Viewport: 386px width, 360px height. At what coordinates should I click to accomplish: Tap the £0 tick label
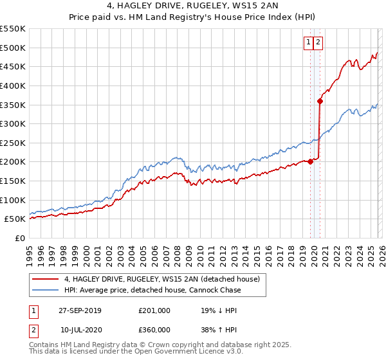click(21, 238)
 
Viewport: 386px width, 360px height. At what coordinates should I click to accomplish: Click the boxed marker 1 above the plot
click(309, 42)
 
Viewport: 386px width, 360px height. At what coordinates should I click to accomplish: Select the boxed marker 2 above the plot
click(318, 42)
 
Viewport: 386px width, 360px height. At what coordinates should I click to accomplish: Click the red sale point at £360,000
click(320, 101)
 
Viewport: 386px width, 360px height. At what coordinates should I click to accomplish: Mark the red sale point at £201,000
click(311, 161)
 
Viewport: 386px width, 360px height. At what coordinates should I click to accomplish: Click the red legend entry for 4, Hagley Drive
click(161, 279)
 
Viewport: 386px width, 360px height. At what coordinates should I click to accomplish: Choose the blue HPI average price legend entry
click(152, 291)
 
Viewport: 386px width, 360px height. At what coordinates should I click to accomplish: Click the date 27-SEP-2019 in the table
click(84, 310)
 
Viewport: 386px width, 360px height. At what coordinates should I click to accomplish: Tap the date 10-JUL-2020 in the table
click(84, 329)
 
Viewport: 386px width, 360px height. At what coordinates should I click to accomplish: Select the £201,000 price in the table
click(154, 310)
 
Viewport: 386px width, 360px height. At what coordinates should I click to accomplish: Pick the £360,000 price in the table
click(154, 329)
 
